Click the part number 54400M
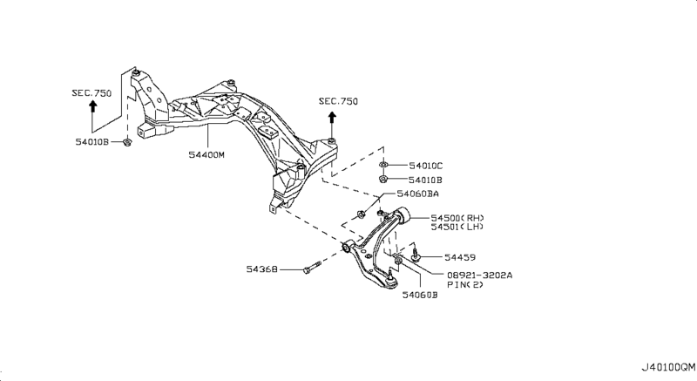click(206, 155)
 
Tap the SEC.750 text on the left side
click(91, 91)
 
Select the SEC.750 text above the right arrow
click(338, 101)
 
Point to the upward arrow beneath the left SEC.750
click(91, 108)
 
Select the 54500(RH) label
click(458, 217)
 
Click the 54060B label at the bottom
click(420, 296)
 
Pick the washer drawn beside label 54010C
click(383, 165)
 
